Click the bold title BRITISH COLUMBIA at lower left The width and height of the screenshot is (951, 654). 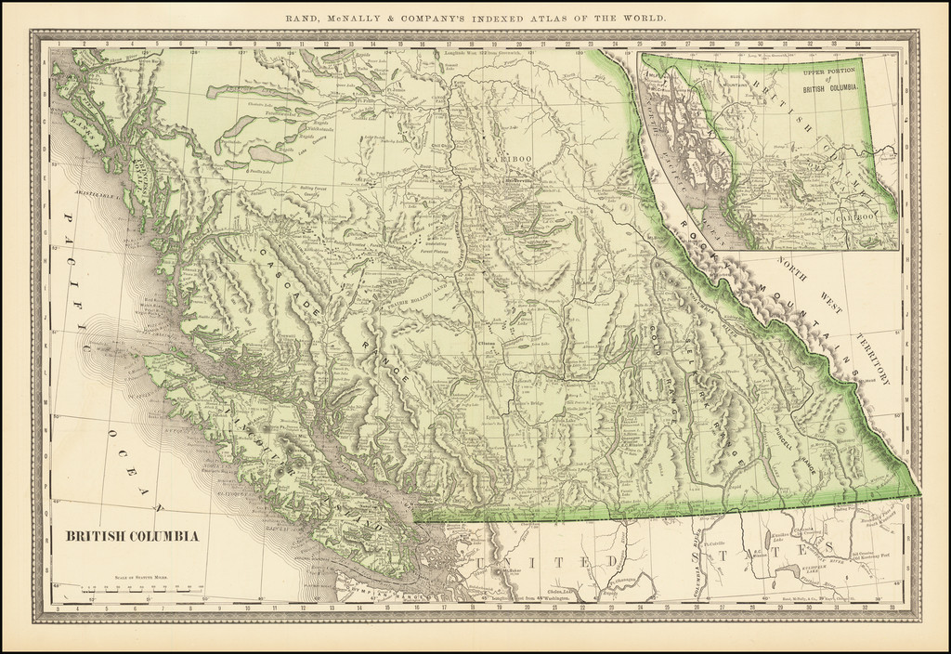click(131, 536)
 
